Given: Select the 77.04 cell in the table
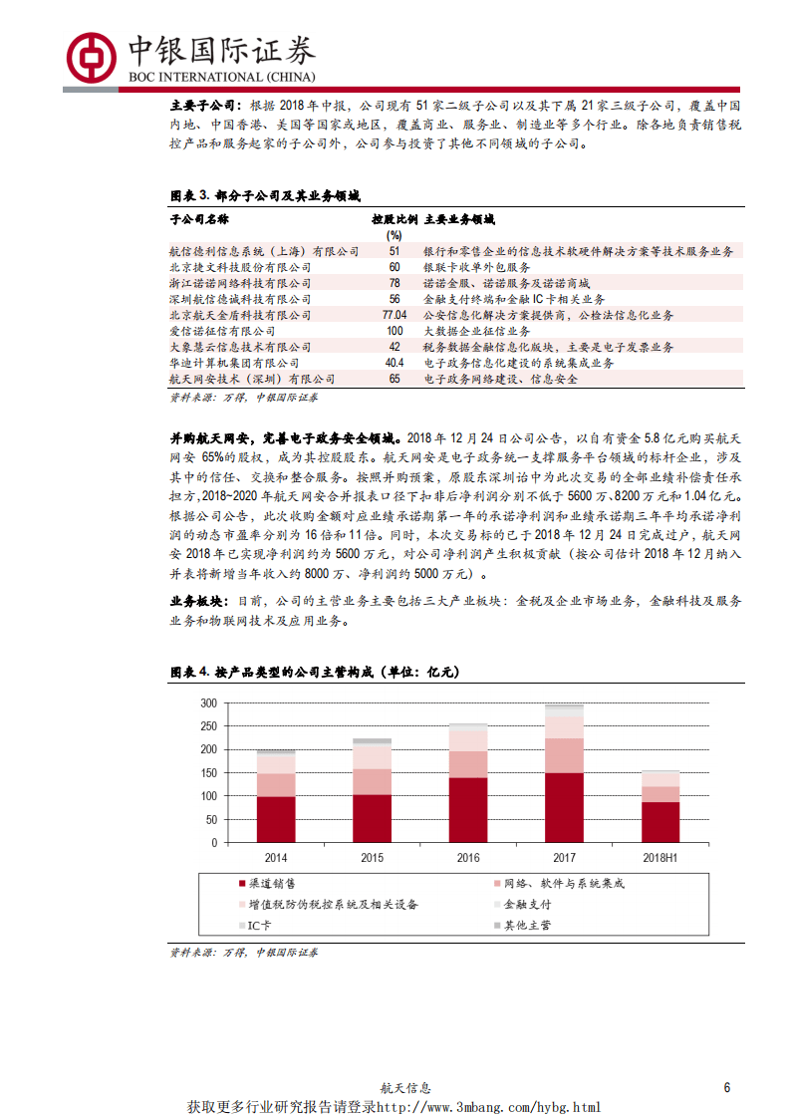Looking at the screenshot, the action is click(394, 315).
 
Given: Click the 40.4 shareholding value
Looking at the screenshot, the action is click(394, 363).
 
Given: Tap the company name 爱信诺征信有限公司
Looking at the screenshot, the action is click(222, 331).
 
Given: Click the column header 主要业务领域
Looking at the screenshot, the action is click(459, 219).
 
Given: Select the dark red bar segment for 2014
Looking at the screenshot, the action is click(276, 819).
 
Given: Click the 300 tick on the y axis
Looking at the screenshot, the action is click(207, 702).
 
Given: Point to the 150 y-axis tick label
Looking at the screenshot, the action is click(207, 773).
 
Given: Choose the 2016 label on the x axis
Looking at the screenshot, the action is click(468, 857).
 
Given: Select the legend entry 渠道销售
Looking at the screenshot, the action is click(270, 884).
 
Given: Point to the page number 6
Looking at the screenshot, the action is click(727, 1088).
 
